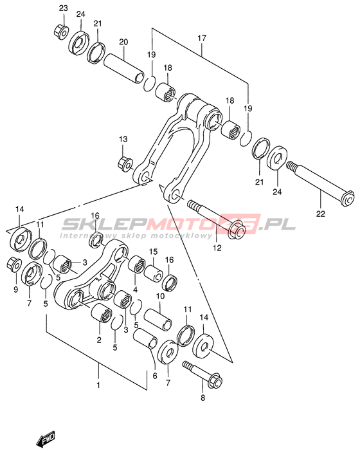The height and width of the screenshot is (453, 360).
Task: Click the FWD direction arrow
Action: pyautogui.click(x=46, y=439)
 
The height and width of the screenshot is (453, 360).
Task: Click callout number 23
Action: pyautogui.click(x=64, y=8)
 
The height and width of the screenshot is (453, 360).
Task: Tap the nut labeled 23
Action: pyautogui.click(x=61, y=31)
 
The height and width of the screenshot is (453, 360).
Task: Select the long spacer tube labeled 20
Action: pyautogui.click(x=124, y=68)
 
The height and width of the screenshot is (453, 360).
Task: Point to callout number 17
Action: pyautogui.click(x=202, y=38)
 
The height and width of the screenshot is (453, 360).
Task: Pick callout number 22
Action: pyautogui.click(x=320, y=214)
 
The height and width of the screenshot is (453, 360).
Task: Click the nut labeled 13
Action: pyautogui.click(x=125, y=163)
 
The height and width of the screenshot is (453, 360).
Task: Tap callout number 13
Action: pyautogui.click(x=123, y=139)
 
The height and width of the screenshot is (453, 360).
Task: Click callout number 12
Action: pyautogui.click(x=217, y=248)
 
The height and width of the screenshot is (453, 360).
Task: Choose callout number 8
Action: pyautogui.click(x=203, y=398)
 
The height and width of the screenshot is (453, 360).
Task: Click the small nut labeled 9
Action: pyautogui.click(x=14, y=264)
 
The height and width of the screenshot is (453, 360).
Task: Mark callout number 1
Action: pyautogui.click(x=98, y=385)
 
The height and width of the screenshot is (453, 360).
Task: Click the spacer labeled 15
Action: pyautogui.click(x=153, y=273)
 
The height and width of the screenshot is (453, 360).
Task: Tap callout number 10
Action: pyautogui.click(x=160, y=296)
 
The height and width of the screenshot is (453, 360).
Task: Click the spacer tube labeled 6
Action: pyautogui.click(x=145, y=338)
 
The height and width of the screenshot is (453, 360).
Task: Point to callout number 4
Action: pyautogui.click(x=135, y=290)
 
